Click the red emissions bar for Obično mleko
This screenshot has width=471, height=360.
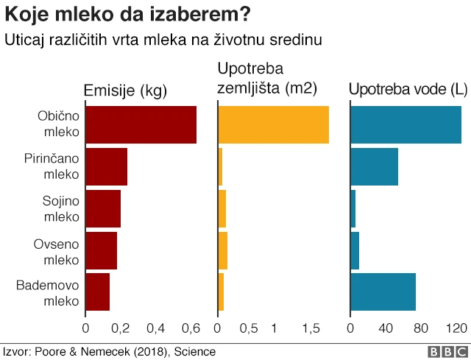point(141,124)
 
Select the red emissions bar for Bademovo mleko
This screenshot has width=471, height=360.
point(98,292)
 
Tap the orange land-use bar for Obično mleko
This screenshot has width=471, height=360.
point(273,124)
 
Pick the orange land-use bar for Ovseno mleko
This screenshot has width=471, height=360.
point(223,250)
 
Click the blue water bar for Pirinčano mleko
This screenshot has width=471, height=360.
point(374,166)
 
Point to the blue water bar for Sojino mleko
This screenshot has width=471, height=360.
point(353,208)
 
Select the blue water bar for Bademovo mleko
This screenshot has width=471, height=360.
point(383,292)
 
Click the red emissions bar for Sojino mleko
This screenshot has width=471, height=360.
point(103,208)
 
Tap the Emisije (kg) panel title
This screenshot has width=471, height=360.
point(126,91)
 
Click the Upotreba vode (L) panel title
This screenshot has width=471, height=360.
point(408,91)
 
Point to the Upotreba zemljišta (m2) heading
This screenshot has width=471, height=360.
point(267,79)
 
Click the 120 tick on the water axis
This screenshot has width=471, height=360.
point(457,328)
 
